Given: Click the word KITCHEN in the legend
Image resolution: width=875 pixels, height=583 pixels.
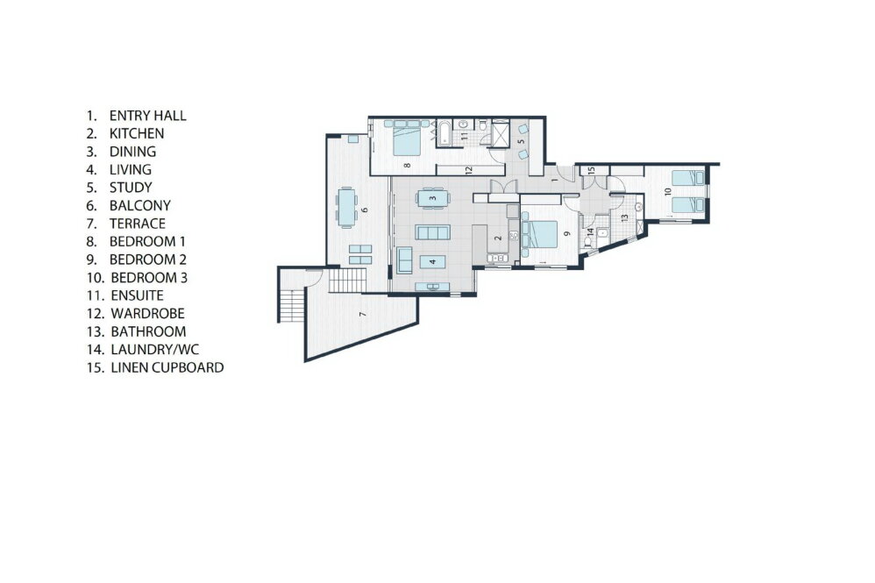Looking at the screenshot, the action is click(x=137, y=134).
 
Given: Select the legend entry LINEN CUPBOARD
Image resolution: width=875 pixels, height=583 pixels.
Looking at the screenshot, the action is click(x=167, y=367).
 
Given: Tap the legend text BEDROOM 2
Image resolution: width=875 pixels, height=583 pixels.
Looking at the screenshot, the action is click(x=148, y=260).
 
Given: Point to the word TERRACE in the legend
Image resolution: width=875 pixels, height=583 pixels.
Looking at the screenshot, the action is click(x=138, y=224).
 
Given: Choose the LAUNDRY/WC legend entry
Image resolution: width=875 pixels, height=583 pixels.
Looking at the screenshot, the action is click(x=155, y=350).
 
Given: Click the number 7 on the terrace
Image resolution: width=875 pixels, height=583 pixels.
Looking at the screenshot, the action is click(x=363, y=315).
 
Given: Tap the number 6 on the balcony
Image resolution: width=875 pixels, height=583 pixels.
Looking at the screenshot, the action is click(x=365, y=210).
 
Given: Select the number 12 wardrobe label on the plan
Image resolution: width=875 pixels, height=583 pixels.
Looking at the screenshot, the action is click(x=469, y=169).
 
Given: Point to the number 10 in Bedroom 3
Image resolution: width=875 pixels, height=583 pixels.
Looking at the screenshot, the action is click(x=668, y=191).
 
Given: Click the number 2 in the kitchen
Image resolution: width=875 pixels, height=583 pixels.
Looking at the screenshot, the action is click(x=498, y=238).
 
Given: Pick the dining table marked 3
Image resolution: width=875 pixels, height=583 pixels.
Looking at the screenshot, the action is click(x=432, y=198).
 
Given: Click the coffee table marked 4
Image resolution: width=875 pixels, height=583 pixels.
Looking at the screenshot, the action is click(x=432, y=261).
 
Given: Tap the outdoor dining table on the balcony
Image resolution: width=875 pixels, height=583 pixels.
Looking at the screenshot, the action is click(x=346, y=207).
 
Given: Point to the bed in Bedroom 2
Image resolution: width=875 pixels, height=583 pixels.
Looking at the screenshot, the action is click(x=539, y=234).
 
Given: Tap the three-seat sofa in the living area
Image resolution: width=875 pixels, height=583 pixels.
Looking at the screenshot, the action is click(x=432, y=232).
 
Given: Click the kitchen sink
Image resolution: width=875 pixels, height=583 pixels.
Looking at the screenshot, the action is click(x=496, y=258).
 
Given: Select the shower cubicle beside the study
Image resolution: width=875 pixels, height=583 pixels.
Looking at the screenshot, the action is click(x=501, y=132).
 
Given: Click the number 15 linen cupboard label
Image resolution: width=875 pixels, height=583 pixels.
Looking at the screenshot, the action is click(x=592, y=170).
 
